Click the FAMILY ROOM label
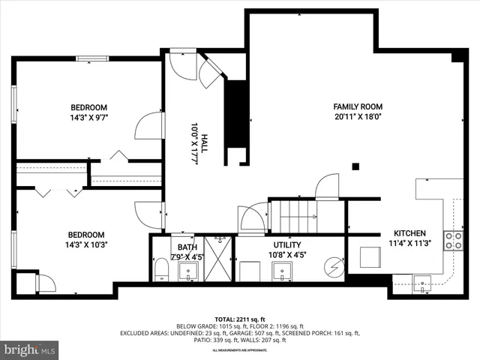point(358,106)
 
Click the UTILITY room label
point(286,244)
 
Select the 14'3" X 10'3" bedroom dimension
point(86,244)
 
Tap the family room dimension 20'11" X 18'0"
point(358,117)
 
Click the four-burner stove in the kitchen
point(454,239)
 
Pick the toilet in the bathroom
point(160,270)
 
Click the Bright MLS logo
point(30,349)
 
